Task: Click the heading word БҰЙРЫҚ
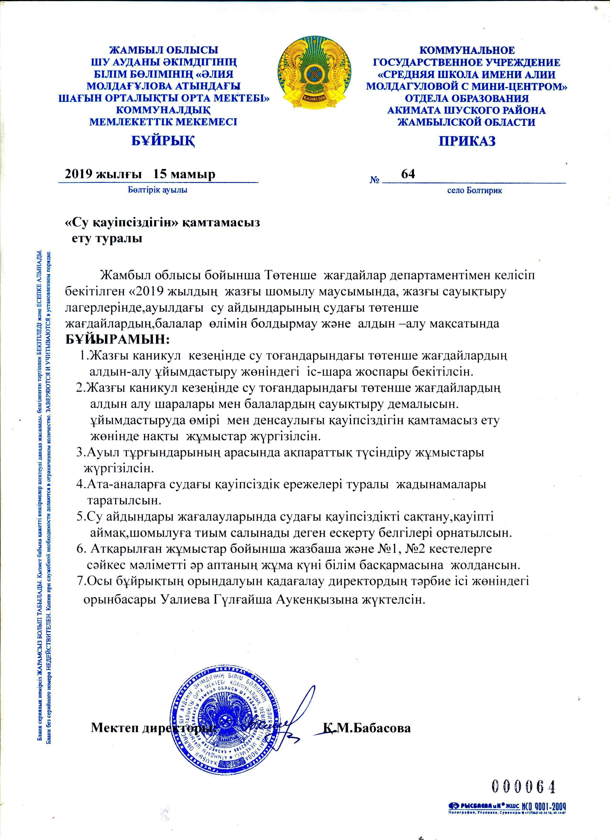[x=164, y=141]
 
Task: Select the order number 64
[x=408, y=174]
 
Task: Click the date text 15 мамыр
[x=184, y=174]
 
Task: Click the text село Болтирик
[x=475, y=191]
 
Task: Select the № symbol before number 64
[x=375, y=180]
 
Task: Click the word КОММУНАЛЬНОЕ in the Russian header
[x=467, y=50]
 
